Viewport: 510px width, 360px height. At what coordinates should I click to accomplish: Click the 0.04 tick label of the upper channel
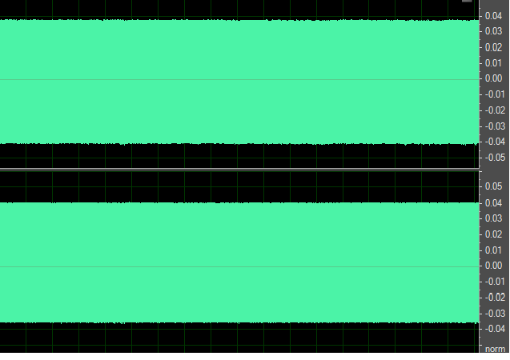tap(494, 15)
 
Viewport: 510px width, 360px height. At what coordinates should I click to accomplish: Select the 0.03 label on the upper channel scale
tap(494, 31)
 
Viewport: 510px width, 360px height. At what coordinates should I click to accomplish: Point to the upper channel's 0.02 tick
tap(494, 47)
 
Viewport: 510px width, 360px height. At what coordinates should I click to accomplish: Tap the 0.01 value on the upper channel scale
tap(494, 63)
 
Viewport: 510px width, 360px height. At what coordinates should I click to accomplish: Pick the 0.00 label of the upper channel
tap(494, 78)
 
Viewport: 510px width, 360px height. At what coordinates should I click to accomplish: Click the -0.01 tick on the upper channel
tap(493, 94)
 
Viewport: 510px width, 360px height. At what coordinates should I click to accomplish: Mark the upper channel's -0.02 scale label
tap(493, 110)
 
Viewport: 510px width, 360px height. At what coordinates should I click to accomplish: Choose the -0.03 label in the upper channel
tap(493, 126)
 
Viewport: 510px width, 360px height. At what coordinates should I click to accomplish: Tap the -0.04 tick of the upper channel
tap(493, 142)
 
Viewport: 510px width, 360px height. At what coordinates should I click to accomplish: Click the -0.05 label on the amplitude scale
tap(493, 158)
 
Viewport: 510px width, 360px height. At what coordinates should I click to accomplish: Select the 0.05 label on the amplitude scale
tap(494, 186)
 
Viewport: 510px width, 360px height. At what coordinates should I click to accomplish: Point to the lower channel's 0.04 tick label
tap(494, 202)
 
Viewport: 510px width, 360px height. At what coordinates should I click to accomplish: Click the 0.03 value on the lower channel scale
tap(494, 218)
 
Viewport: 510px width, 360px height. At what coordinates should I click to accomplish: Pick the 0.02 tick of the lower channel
tap(494, 234)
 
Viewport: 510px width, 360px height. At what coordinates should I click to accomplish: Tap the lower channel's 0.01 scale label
tap(494, 250)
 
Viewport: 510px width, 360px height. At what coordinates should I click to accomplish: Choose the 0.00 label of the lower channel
tap(494, 266)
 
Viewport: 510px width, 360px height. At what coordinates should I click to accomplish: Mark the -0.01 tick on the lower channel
tap(493, 282)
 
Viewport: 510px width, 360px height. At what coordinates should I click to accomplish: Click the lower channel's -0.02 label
tap(493, 298)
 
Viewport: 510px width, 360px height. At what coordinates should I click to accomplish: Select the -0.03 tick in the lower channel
tap(493, 314)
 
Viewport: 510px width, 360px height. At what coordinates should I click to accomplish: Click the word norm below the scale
tap(495, 350)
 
